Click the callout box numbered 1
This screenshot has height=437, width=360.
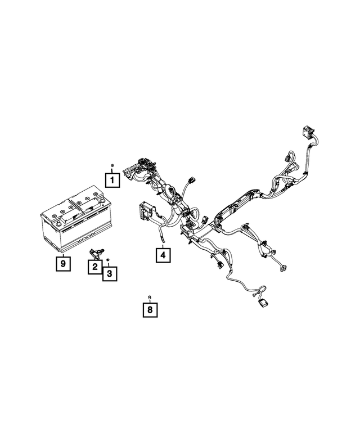(x=112, y=181)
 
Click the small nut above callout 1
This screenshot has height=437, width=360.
(x=112, y=166)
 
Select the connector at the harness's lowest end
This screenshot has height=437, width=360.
(x=263, y=304)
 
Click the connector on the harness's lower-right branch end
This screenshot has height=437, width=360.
(x=281, y=267)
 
